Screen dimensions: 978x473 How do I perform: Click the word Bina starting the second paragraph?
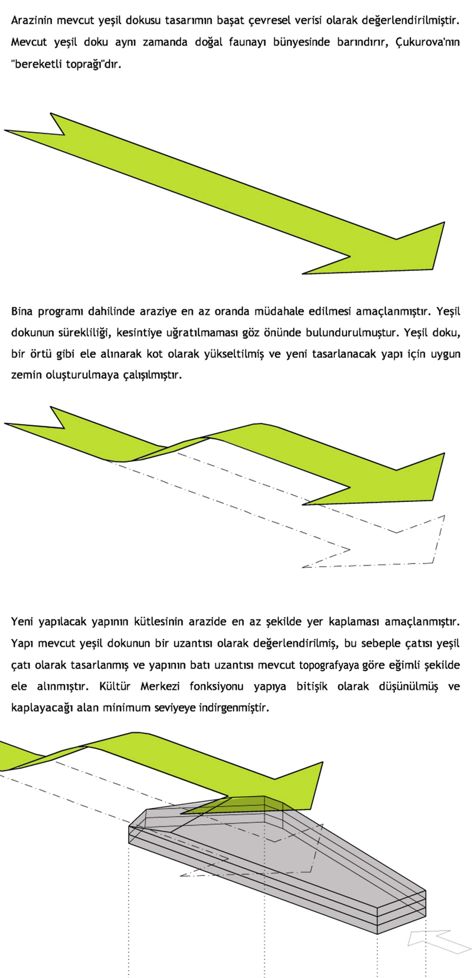[22, 311]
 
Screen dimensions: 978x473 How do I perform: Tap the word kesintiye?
[138, 333]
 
